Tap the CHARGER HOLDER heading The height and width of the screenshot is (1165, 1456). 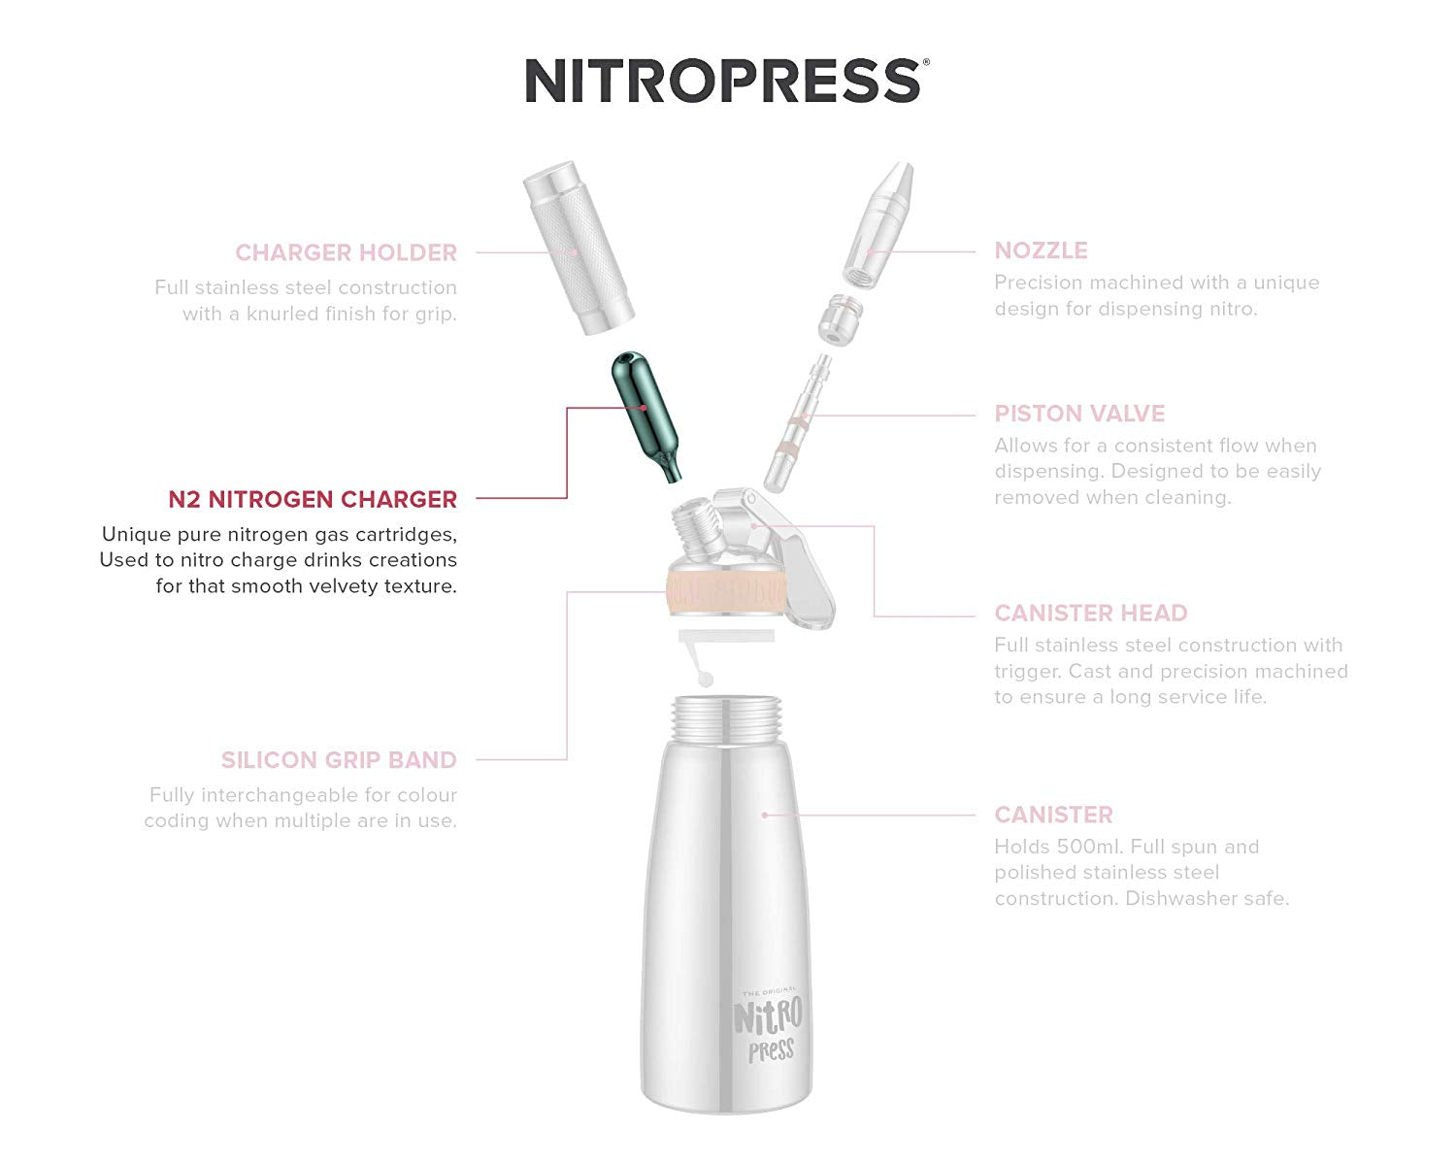point(346,252)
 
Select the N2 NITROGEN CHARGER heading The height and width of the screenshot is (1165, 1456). point(312,499)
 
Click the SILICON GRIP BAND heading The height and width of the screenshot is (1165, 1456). point(338,760)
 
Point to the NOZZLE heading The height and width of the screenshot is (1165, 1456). point(1041,250)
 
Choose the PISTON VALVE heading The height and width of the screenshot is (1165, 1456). point(1078,414)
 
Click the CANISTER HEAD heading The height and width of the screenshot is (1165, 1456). point(1090,614)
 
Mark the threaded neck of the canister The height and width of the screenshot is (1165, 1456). point(726,720)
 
